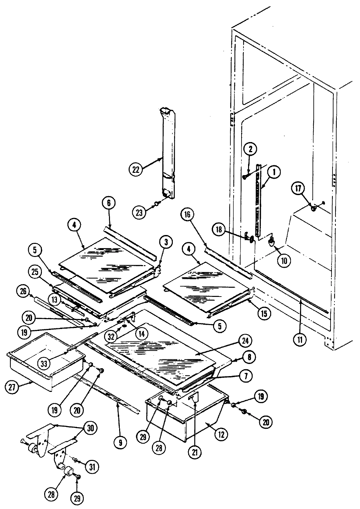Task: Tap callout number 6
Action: tap(109, 203)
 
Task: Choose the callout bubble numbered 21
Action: tap(195, 453)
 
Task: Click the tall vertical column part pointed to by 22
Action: tap(167, 154)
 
